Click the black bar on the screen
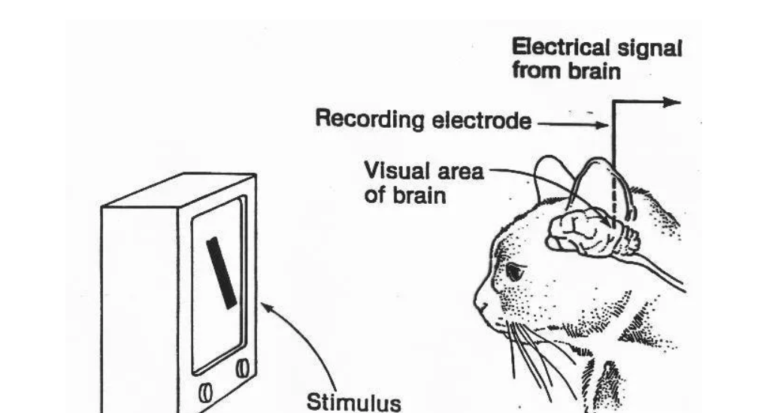click(x=223, y=272)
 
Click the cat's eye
click(x=515, y=271)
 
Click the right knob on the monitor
click(x=242, y=367)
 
